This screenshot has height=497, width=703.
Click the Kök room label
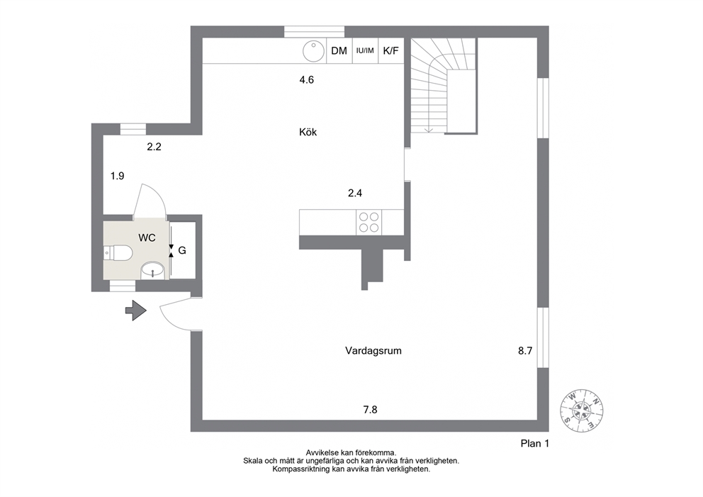pos(308,132)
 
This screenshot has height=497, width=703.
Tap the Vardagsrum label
pos(373,351)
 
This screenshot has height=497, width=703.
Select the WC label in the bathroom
pos(147,238)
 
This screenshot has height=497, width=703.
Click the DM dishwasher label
pos(339,50)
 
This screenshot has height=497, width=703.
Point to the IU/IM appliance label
pos(365,50)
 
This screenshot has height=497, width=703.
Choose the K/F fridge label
pos(391,50)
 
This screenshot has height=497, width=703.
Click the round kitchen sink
pos(313,50)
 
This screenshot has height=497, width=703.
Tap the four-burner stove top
pos(369,223)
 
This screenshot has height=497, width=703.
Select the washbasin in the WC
pos(154,271)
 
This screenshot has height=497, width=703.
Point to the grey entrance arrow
pos(136,310)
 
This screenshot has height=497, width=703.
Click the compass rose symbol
pos(582,411)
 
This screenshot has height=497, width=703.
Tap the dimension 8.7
pos(525,351)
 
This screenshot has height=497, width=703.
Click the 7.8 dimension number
pos(371,410)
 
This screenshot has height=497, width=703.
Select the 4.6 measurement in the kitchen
pos(307,80)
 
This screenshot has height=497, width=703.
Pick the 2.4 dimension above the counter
pos(355,193)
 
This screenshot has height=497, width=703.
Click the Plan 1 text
pos(535,444)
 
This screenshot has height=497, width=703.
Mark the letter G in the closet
pos(182,250)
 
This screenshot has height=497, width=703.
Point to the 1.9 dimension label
pos(118,176)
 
